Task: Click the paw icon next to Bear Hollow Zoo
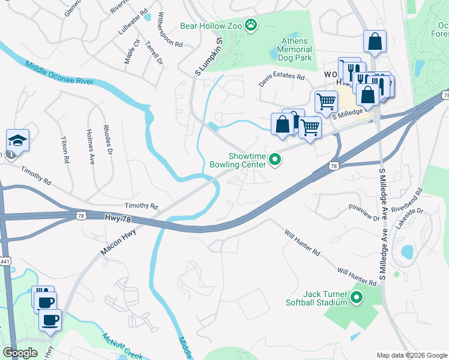click(x=251, y=25)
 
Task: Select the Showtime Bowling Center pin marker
click(x=276, y=160)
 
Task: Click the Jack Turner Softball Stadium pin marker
click(x=357, y=297)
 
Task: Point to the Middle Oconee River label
click(x=59, y=73)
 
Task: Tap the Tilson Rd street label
click(x=64, y=149)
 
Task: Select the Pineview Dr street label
click(x=364, y=212)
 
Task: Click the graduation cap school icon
click(x=17, y=141)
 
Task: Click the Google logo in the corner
click(x=20, y=352)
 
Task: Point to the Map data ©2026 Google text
click(x=411, y=355)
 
